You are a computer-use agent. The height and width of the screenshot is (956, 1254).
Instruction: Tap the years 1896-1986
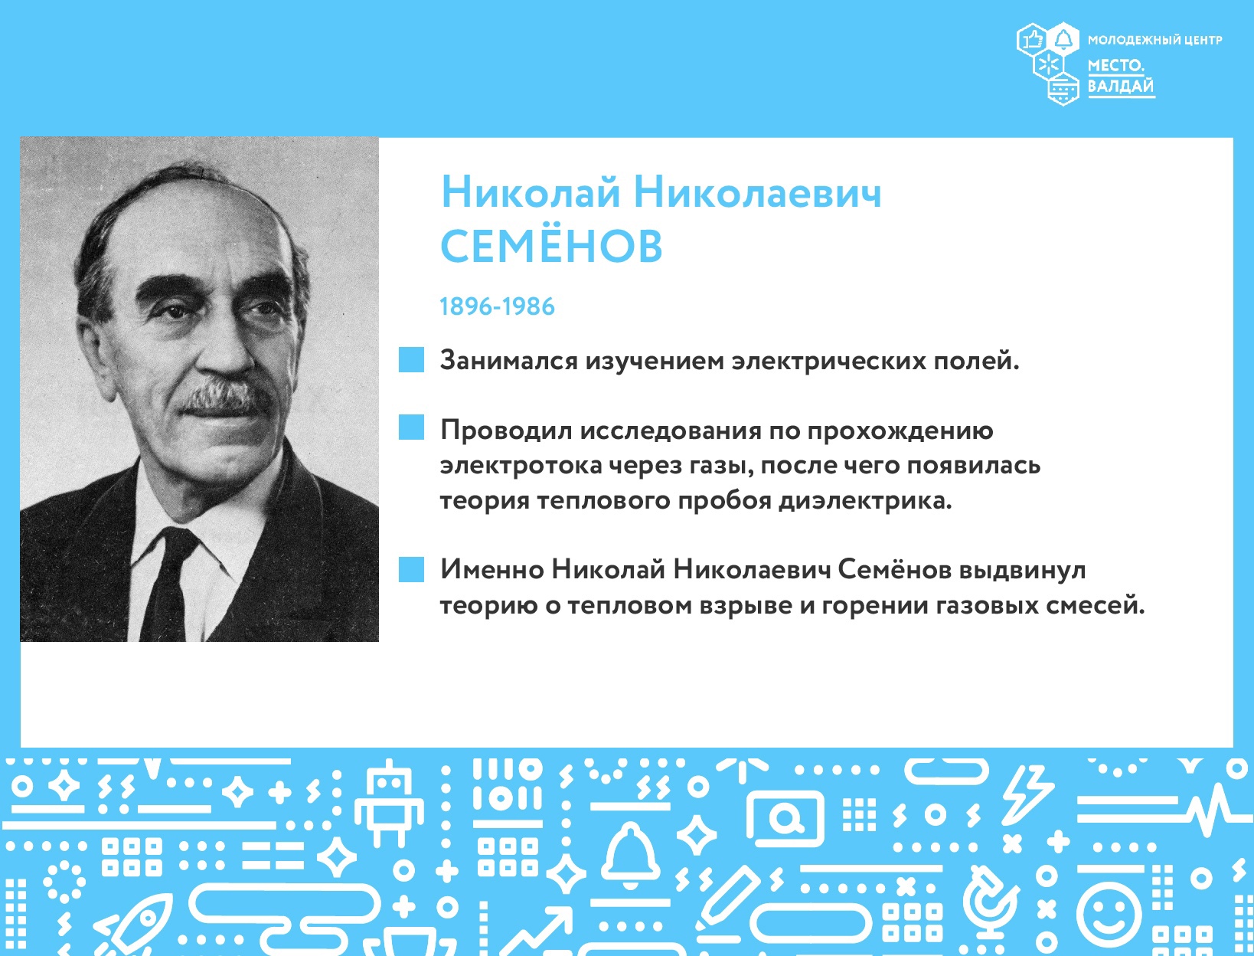click(497, 306)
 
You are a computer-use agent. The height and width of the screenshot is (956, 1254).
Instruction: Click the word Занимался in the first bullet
click(508, 361)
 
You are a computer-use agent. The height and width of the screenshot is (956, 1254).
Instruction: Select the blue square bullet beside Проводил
click(411, 427)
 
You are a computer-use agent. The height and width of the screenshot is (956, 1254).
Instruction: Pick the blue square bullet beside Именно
click(411, 569)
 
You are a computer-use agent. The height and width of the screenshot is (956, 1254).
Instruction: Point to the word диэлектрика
click(866, 501)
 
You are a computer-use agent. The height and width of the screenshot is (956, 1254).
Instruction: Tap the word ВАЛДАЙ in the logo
click(1121, 86)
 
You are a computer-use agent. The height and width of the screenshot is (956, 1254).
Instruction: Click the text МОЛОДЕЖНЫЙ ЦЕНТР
click(1154, 40)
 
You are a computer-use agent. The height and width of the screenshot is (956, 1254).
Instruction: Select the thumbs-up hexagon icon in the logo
click(1033, 39)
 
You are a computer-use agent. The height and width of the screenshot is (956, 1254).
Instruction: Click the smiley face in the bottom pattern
click(1109, 914)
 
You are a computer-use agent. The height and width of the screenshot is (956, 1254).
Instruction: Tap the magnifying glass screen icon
click(785, 819)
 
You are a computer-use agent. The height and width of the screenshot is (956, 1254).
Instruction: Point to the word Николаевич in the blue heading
click(758, 192)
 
